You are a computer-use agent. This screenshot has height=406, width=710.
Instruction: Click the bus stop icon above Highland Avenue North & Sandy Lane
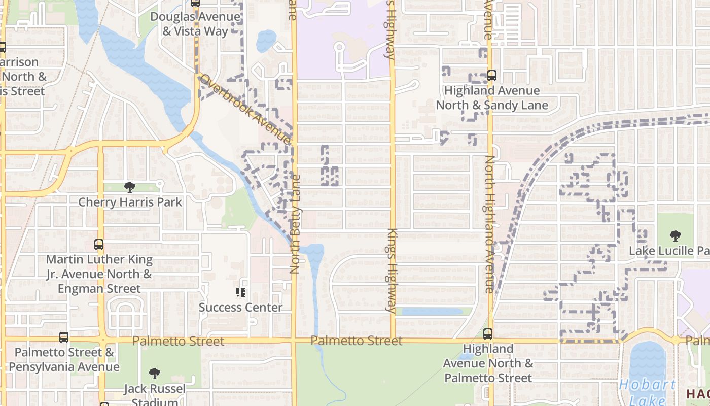pos(491,76)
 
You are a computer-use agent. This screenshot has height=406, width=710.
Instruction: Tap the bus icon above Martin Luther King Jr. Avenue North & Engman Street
pos(99,245)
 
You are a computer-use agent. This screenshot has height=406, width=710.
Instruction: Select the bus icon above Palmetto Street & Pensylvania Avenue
pos(64,337)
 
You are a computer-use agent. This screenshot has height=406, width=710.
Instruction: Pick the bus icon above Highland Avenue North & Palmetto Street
pos(488,334)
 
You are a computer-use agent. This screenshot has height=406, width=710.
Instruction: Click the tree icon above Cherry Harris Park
pos(130,187)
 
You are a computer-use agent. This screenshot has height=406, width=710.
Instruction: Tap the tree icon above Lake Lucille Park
pos(675,235)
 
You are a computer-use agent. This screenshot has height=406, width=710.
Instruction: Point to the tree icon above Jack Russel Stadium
pos(155,374)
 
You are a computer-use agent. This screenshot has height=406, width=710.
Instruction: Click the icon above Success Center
pos(241,292)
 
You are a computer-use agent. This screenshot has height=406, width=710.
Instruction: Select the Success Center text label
pos(240,308)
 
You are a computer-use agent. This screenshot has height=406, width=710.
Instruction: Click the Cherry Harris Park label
pos(130,202)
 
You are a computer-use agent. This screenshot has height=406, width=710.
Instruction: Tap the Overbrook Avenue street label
pos(245,109)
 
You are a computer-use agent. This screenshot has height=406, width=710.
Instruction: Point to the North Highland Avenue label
pos(489,223)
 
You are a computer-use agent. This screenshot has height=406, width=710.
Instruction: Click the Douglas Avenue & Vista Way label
pos(195,24)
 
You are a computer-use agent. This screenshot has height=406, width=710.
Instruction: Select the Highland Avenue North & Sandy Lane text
pos(492,98)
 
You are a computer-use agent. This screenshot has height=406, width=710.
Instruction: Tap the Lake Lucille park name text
pos(668,251)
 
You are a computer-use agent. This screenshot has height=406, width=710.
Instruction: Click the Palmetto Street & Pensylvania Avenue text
pos(64,359)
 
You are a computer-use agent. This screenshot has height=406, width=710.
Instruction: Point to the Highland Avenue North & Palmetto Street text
pos(488,363)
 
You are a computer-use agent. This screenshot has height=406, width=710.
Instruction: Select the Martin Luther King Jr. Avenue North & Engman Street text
pos(99,274)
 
